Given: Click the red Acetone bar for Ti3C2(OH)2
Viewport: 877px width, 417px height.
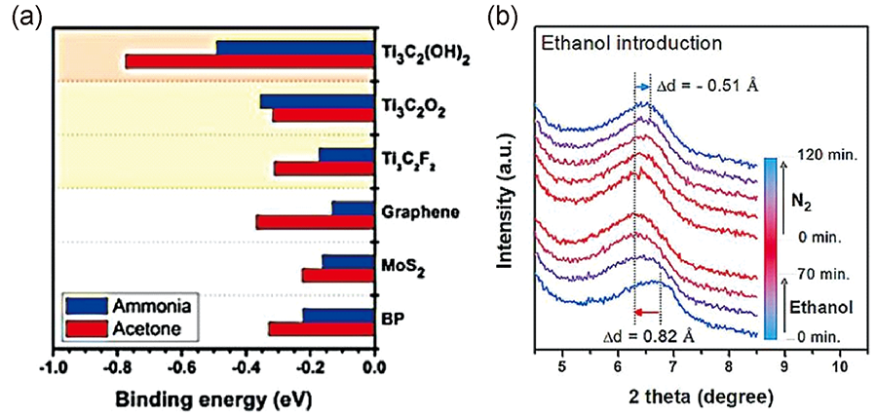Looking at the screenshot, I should pos(249,62).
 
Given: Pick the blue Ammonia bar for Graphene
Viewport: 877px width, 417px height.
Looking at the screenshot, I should pos(353,208).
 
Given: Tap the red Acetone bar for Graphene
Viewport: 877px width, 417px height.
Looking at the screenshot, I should pos(315,222).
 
